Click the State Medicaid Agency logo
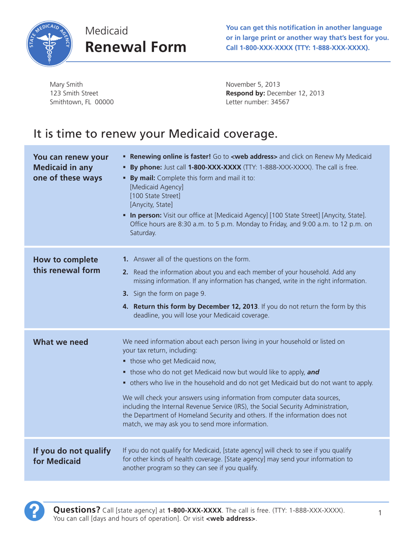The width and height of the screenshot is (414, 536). [x=49, y=44]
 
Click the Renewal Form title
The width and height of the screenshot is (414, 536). [x=135, y=47]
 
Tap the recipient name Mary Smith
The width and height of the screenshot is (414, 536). [x=66, y=84]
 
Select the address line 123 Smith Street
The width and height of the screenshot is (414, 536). [x=74, y=93]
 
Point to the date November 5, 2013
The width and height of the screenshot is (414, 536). [x=252, y=84]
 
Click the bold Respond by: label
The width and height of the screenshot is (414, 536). [x=245, y=93]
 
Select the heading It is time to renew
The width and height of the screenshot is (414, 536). [x=155, y=132]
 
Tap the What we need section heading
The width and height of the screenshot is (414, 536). [x=61, y=342]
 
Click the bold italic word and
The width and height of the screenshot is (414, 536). [x=313, y=372]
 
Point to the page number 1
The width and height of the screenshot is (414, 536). [x=380, y=513]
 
